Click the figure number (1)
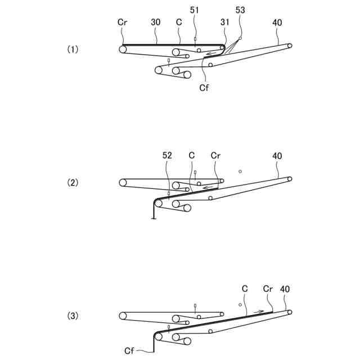(73, 49)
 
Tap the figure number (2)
(73, 183)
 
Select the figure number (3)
(73, 316)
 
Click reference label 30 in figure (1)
(156, 22)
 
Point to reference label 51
(195, 10)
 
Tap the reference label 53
(241, 10)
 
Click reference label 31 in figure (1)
(225, 22)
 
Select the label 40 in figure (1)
(277, 22)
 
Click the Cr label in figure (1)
(123, 22)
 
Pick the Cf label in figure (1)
(204, 88)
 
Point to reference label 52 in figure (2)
(168, 156)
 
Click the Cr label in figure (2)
(216, 156)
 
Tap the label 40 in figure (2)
(277, 156)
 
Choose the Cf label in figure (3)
(129, 350)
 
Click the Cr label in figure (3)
(268, 289)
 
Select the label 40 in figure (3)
(285, 289)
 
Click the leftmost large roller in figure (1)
(123, 49)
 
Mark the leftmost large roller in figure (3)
(123, 316)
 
